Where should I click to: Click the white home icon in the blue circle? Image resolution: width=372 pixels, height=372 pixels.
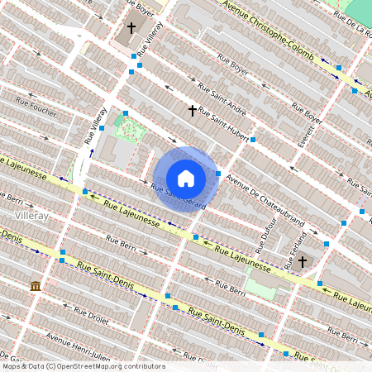(186, 178)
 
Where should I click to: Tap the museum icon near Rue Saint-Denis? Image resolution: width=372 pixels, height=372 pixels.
(36, 285)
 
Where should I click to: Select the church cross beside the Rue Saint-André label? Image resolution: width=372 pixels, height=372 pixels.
(193, 109)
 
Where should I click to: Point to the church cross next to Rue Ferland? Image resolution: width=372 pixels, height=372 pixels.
(303, 261)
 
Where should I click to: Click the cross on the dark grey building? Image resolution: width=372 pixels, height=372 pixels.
(131, 29)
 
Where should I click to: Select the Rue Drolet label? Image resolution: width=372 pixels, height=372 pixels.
(91, 316)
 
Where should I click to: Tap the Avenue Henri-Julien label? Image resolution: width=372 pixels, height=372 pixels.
(78, 344)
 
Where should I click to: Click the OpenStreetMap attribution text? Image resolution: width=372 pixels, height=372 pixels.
(83, 366)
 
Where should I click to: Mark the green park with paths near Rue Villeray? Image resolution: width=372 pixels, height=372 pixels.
(128, 129)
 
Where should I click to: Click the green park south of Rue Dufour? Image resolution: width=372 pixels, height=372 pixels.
(262, 286)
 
